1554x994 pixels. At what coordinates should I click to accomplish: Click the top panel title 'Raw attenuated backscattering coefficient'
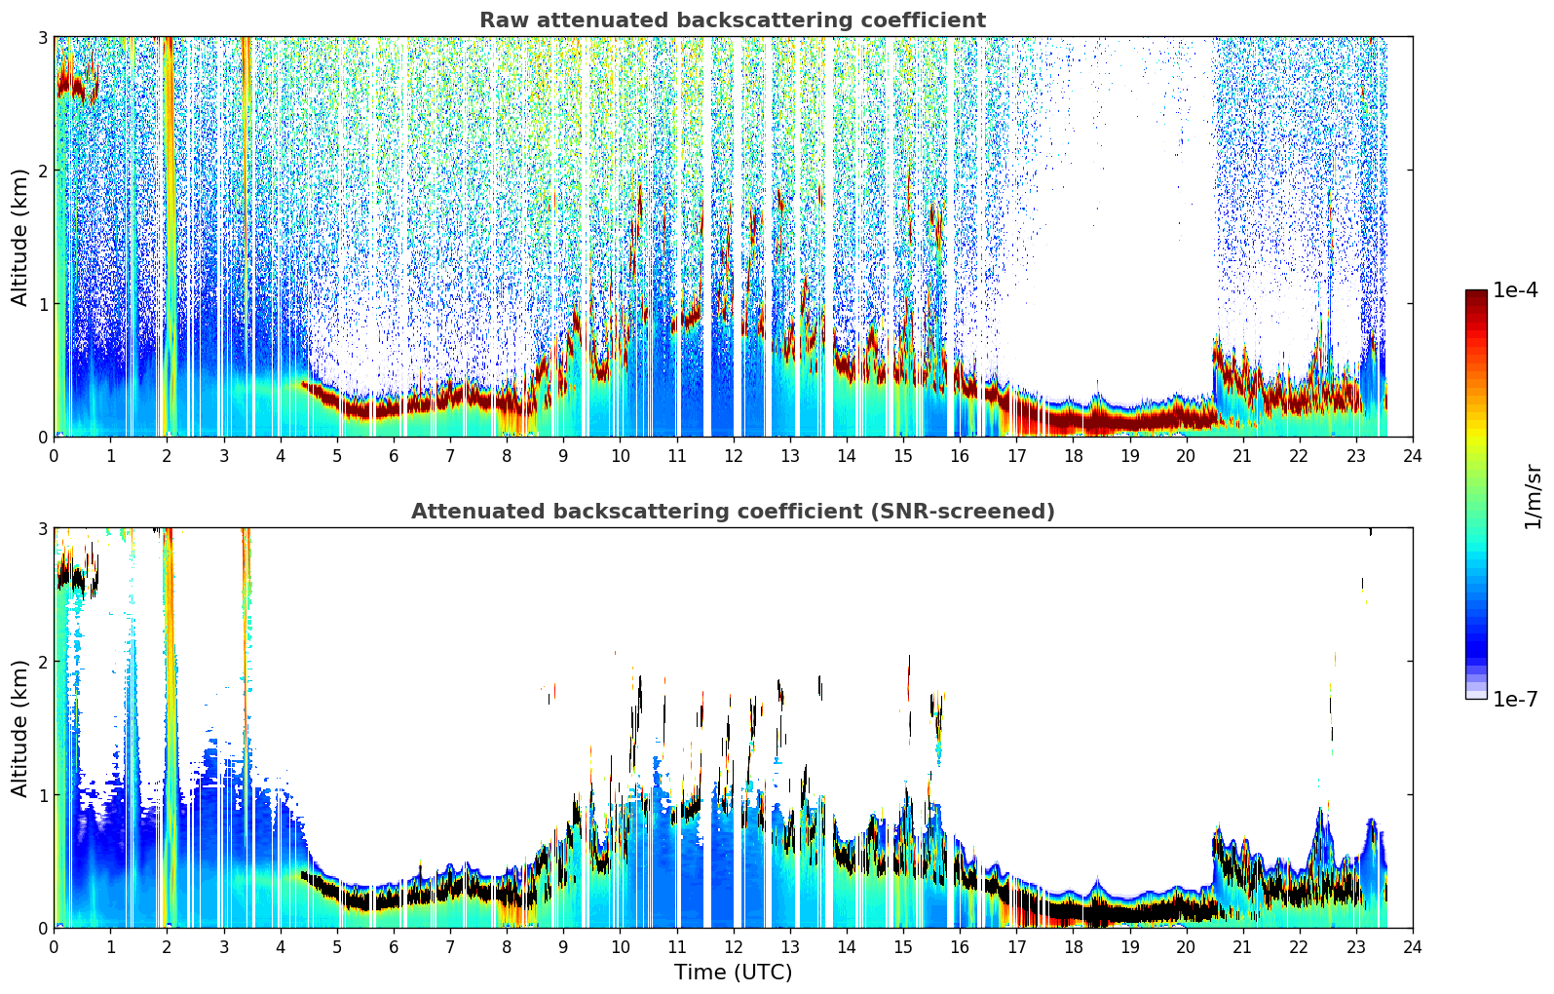(x=733, y=20)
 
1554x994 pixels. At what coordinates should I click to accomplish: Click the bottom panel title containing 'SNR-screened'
(x=733, y=511)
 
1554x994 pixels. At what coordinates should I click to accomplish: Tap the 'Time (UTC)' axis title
(x=733, y=972)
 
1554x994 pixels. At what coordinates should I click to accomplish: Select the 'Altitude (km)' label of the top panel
(x=19, y=237)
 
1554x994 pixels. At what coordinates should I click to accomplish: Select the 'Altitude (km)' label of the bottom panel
(x=19, y=728)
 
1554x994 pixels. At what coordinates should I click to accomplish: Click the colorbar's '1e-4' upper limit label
(x=1515, y=290)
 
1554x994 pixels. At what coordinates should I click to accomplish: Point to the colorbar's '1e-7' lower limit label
(x=1515, y=699)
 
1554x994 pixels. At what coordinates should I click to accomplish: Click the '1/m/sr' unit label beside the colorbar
(x=1533, y=497)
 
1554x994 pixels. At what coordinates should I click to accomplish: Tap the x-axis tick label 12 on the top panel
(x=734, y=456)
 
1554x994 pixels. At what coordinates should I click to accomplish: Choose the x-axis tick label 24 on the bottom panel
(x=1413, y=947)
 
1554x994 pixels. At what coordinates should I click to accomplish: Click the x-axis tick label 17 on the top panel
(x=1016, y=456)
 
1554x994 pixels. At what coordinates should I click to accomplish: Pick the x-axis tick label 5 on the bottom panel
(x=337, y=947)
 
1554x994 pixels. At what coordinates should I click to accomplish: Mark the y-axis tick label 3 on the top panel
(x=42, y=37)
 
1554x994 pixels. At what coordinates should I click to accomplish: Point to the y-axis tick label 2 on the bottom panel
(x=42, y=663)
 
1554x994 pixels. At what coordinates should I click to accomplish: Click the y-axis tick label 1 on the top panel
(x=42, y=304)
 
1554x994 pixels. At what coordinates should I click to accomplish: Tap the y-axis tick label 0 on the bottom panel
(x=42, y=928)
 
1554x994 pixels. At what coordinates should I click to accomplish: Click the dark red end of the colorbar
(x=1476, y=294)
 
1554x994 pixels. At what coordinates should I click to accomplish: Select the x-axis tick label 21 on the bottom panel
(x=1242, y=947)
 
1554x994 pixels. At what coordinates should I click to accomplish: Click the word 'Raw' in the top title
(x=501, y=20)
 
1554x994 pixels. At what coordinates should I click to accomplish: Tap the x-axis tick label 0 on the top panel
(x=55, y=456)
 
